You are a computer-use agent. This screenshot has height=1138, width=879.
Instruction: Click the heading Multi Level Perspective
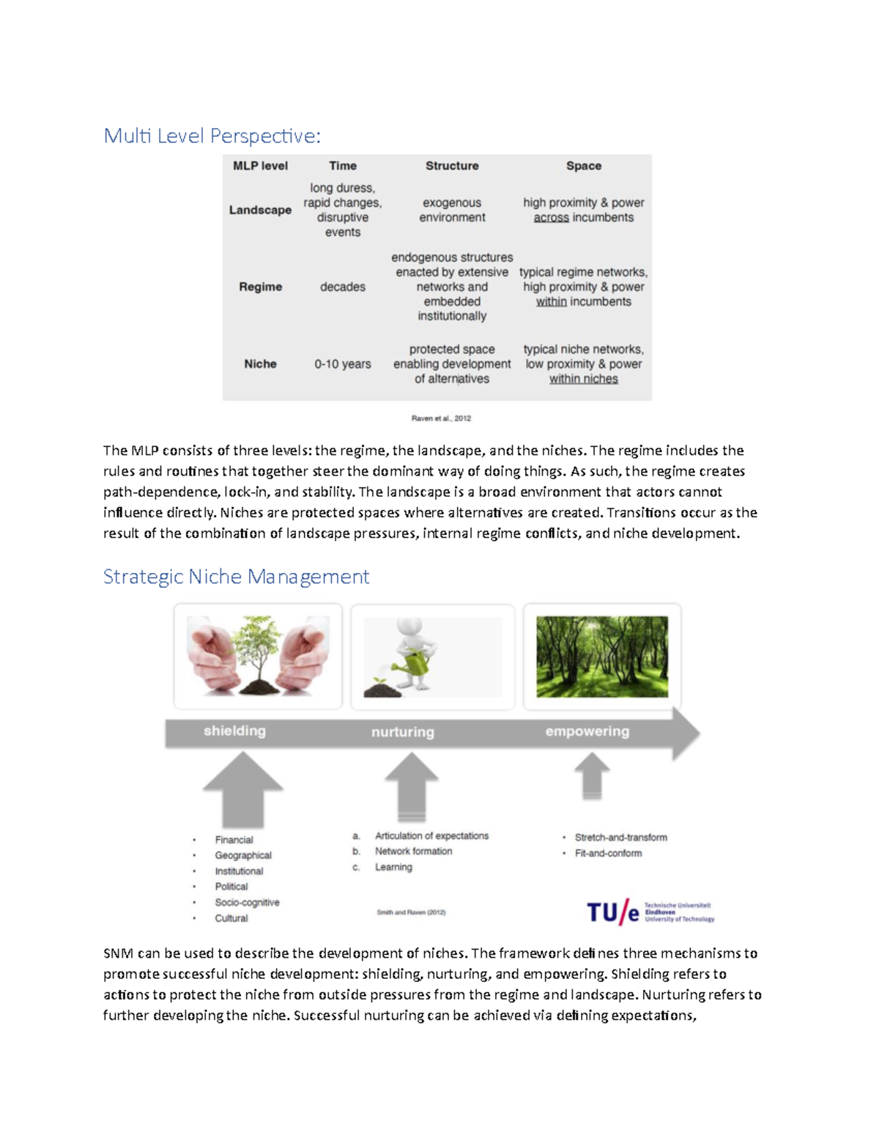pos(212,136)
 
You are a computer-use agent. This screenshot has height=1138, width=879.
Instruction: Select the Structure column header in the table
pos(452,166)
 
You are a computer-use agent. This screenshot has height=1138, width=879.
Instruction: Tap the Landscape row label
pos(260,210)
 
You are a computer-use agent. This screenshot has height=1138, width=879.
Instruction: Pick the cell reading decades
pos(342,287)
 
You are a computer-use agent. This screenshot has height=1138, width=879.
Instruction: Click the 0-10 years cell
pos(342,363)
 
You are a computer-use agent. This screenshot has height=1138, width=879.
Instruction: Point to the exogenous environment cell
pos(452,210)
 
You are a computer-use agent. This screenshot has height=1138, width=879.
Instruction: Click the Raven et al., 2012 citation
pos(441,418)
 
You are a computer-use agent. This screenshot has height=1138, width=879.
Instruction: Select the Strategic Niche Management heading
pos(236,577)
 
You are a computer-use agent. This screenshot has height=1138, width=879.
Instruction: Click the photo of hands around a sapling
pos(258,656)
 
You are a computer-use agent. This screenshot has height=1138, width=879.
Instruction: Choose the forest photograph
pos(602,656)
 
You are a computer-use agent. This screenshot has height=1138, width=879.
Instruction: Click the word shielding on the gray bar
pos(234,731)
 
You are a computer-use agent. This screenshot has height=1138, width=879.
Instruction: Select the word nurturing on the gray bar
pos(402,732)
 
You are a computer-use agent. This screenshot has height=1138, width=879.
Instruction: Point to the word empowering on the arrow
pos(587,731)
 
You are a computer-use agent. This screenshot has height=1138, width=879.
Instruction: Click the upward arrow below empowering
pos(592,776)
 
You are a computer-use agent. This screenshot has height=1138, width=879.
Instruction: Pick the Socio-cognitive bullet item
pos(247,902)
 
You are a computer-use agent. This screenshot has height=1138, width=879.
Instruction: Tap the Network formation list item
pos(413,851)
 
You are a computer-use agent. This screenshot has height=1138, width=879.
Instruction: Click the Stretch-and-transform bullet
pos(620,837)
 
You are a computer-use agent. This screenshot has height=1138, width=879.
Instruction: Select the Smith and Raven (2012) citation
pos(411,912)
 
